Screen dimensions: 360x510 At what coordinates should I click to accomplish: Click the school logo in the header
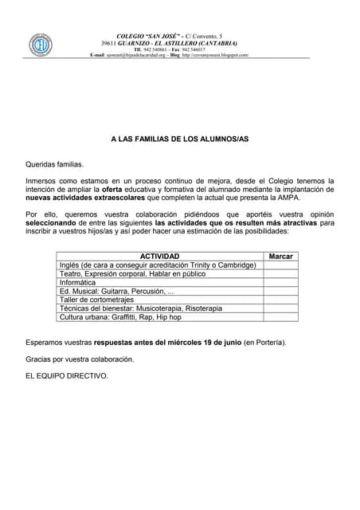pos(40,45)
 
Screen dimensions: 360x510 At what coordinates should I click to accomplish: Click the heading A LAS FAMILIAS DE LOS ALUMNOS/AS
pos(179,139)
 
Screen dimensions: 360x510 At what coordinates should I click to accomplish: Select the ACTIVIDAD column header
pos(159,256)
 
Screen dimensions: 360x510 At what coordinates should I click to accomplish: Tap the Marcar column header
pos(281,256)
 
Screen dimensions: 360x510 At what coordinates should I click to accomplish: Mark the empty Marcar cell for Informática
pos(281,282)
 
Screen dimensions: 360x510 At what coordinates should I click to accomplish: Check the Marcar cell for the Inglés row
pos(281,265)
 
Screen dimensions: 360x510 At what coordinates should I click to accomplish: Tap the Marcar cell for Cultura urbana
pos(281,317)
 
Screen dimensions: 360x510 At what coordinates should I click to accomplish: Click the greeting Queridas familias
pos(54,164)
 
